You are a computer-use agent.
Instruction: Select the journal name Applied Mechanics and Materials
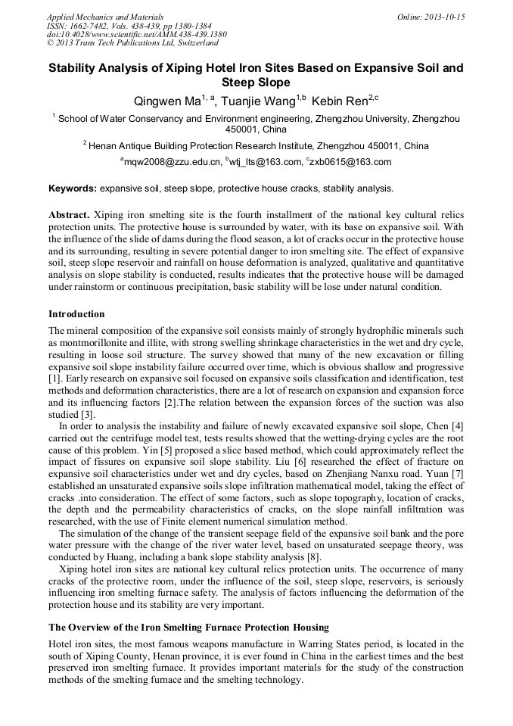point(104,17)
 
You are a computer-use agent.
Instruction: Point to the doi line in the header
point(136,35)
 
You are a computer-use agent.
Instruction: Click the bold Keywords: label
point(73,188)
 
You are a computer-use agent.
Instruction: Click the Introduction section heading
point(76,313)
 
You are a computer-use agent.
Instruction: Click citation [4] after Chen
point(456,426)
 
